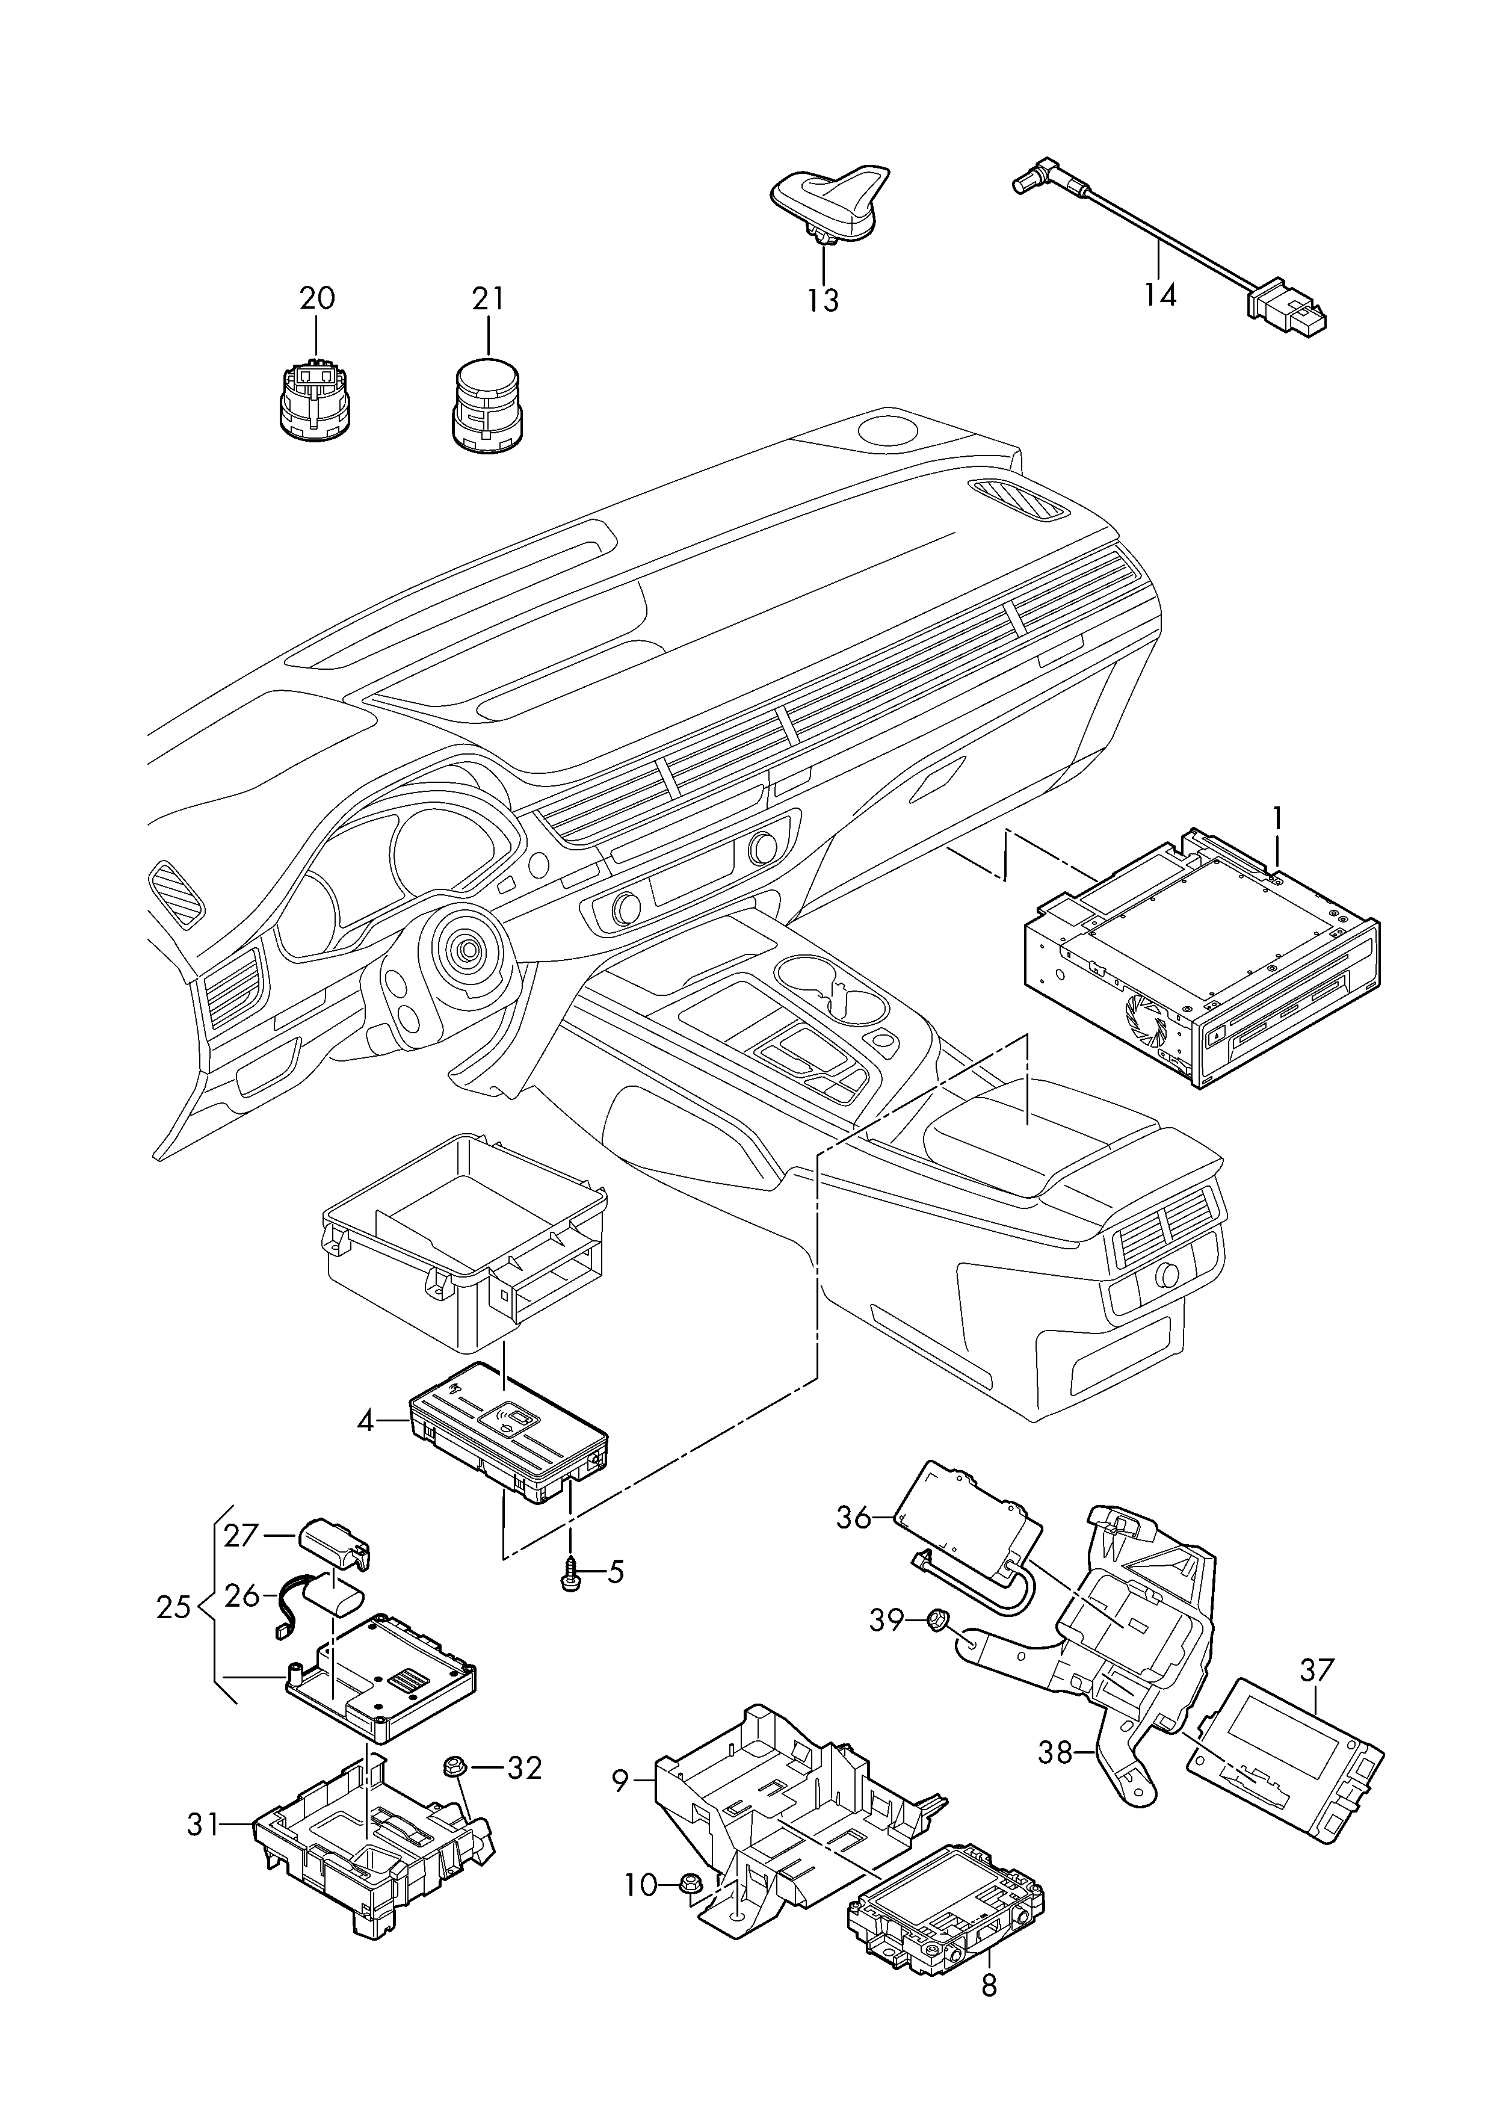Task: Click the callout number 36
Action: pyautogui.click(x=854, y=1517)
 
